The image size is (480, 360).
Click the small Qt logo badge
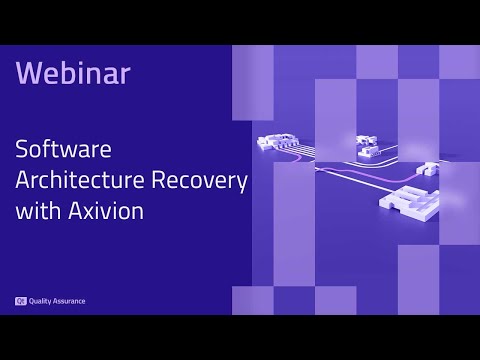click(20, 300)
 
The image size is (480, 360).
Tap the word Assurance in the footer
click(70, 300)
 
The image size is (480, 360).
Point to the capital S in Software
click(22, 152)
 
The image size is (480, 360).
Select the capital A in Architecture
click(23, 181)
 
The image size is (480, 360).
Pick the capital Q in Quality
click(33, 300)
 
